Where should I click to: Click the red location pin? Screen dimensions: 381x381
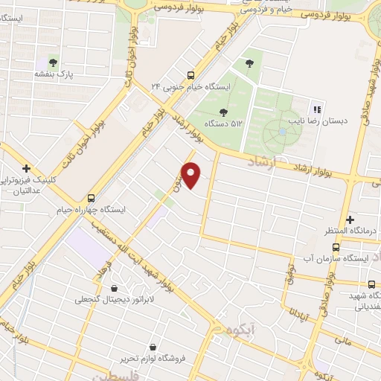tap(192, 175)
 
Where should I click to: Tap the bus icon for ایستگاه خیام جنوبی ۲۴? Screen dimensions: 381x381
tap(191, 74)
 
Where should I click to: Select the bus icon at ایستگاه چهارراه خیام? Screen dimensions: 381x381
tap(92, 199)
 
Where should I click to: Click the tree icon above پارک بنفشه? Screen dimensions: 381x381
tap(53, 62)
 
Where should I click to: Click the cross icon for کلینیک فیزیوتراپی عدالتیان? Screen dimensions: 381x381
tap(27, 168)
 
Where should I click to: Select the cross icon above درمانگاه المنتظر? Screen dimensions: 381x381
tap(349, 220)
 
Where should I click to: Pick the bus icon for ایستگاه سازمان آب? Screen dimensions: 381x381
tap(336, 247)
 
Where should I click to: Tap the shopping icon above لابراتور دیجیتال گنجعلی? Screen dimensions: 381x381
tap(114, 288)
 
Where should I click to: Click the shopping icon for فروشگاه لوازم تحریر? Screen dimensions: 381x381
tap(153, 348)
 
